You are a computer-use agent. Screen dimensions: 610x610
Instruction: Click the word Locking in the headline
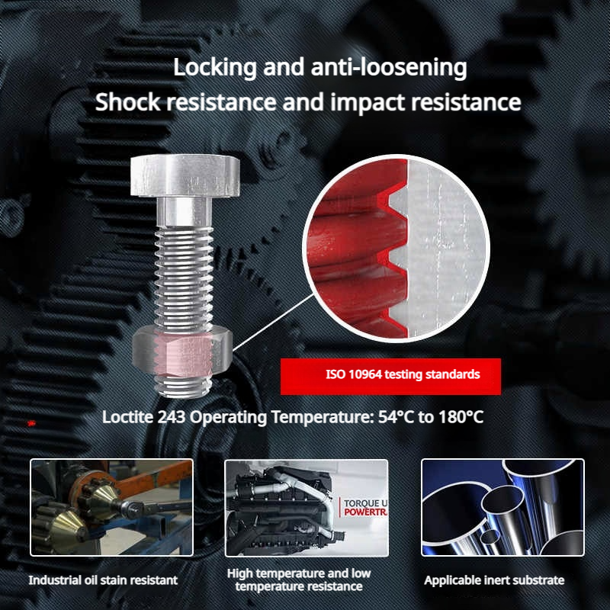click(x=214, y=67)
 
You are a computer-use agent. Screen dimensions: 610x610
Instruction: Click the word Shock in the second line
click(x=127, y=101)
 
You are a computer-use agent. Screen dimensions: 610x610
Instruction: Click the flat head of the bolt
click(x=185, y=175)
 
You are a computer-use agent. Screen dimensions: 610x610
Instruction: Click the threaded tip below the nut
click(x=183, y=387)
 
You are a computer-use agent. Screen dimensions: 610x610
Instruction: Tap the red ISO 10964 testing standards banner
click(x=390, y=376)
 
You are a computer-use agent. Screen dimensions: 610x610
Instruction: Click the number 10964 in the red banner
click(x=365, y=374)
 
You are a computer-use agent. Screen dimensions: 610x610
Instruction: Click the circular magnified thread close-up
click(x=396, y=249)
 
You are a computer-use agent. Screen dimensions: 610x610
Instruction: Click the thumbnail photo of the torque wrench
click(x=111, y=508)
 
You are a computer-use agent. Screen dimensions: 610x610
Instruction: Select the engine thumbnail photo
click(x=307, y=508)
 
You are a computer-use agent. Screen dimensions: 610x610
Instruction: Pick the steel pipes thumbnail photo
click(x=502, y=508)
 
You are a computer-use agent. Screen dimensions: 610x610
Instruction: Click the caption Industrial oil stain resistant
click(x=103, y=580)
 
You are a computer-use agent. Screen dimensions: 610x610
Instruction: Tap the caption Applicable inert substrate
click(x=494, y=580)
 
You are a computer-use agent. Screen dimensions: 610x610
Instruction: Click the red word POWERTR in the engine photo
click(x=366, y=512)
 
